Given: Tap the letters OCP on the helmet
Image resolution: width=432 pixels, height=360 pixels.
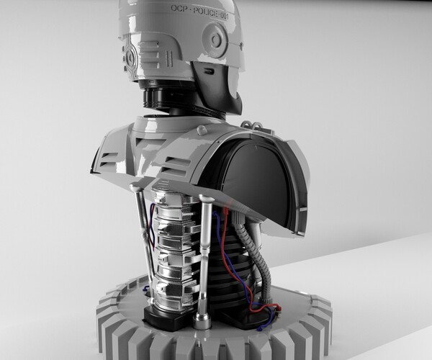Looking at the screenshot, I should click(179, 8).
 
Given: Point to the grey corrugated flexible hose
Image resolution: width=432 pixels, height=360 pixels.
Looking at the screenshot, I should click(257, 259).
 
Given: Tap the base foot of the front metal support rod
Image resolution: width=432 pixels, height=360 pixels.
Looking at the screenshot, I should click(202, 319).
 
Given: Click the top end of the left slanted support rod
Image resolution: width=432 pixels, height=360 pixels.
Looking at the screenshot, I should click(135, 189).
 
